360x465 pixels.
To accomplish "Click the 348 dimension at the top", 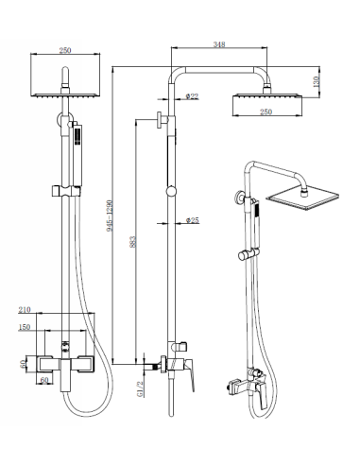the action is coord(219,44).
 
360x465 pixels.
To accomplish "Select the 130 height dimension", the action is coord(316,81).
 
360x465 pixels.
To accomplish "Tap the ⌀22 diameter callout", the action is coord(192,95).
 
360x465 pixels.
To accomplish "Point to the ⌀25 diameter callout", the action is coord(193,220).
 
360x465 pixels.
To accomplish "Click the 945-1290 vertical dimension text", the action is coord(110,215).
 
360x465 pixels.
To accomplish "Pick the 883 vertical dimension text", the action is coord(133,242).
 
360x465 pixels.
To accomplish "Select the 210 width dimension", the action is coord(25,310).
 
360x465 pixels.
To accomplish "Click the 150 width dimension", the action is coord(25,327).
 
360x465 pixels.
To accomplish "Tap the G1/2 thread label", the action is coord(141,388).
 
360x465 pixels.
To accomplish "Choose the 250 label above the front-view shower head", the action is coord(65,50).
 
